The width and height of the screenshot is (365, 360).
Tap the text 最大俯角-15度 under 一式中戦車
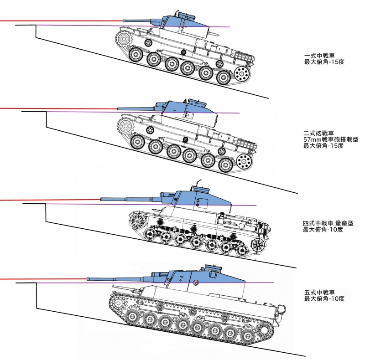tap(323, 62)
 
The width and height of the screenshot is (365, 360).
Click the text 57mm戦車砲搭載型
tap(331, 139)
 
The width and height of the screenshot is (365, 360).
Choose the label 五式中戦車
tap(320, 292)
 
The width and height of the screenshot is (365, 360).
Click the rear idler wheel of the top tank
tap(243, 73)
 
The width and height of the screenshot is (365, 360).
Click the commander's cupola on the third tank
tap(199, 185)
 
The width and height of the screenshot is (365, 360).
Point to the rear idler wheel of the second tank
tap(245, 161)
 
